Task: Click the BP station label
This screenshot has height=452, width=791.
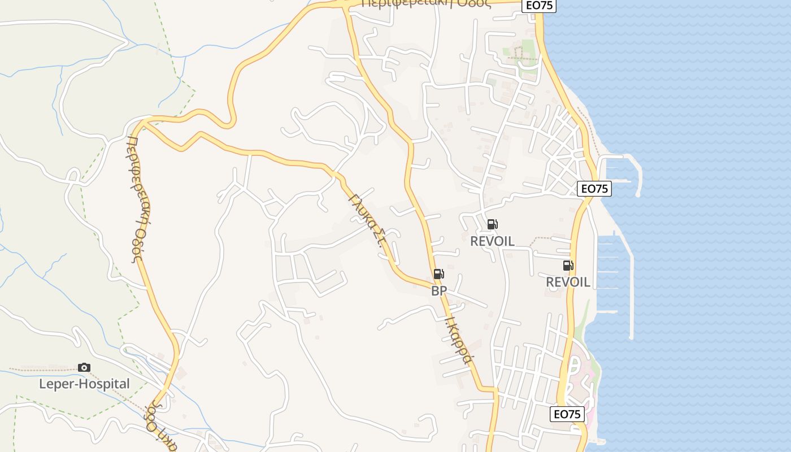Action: coord(439,291)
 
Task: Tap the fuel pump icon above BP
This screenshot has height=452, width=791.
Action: coord(438,275)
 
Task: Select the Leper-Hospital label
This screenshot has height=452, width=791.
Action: coord(84,384)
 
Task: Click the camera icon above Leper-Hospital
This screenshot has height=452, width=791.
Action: coord(84,368)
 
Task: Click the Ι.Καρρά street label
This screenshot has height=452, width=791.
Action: coord(458,339)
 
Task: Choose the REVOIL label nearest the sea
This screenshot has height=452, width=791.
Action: coord(568,282)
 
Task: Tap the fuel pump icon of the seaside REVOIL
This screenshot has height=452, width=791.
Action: coord(568,266)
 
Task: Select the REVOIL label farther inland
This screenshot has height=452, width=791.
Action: coord(492,241)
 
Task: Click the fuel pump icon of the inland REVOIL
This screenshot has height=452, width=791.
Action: coord(492,224)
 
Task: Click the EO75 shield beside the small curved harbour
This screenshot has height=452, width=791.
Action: coord(594,189)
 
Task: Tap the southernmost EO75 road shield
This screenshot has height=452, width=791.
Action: coord(567,414)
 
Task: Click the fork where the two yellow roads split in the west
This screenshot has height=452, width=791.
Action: coord(144,121)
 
